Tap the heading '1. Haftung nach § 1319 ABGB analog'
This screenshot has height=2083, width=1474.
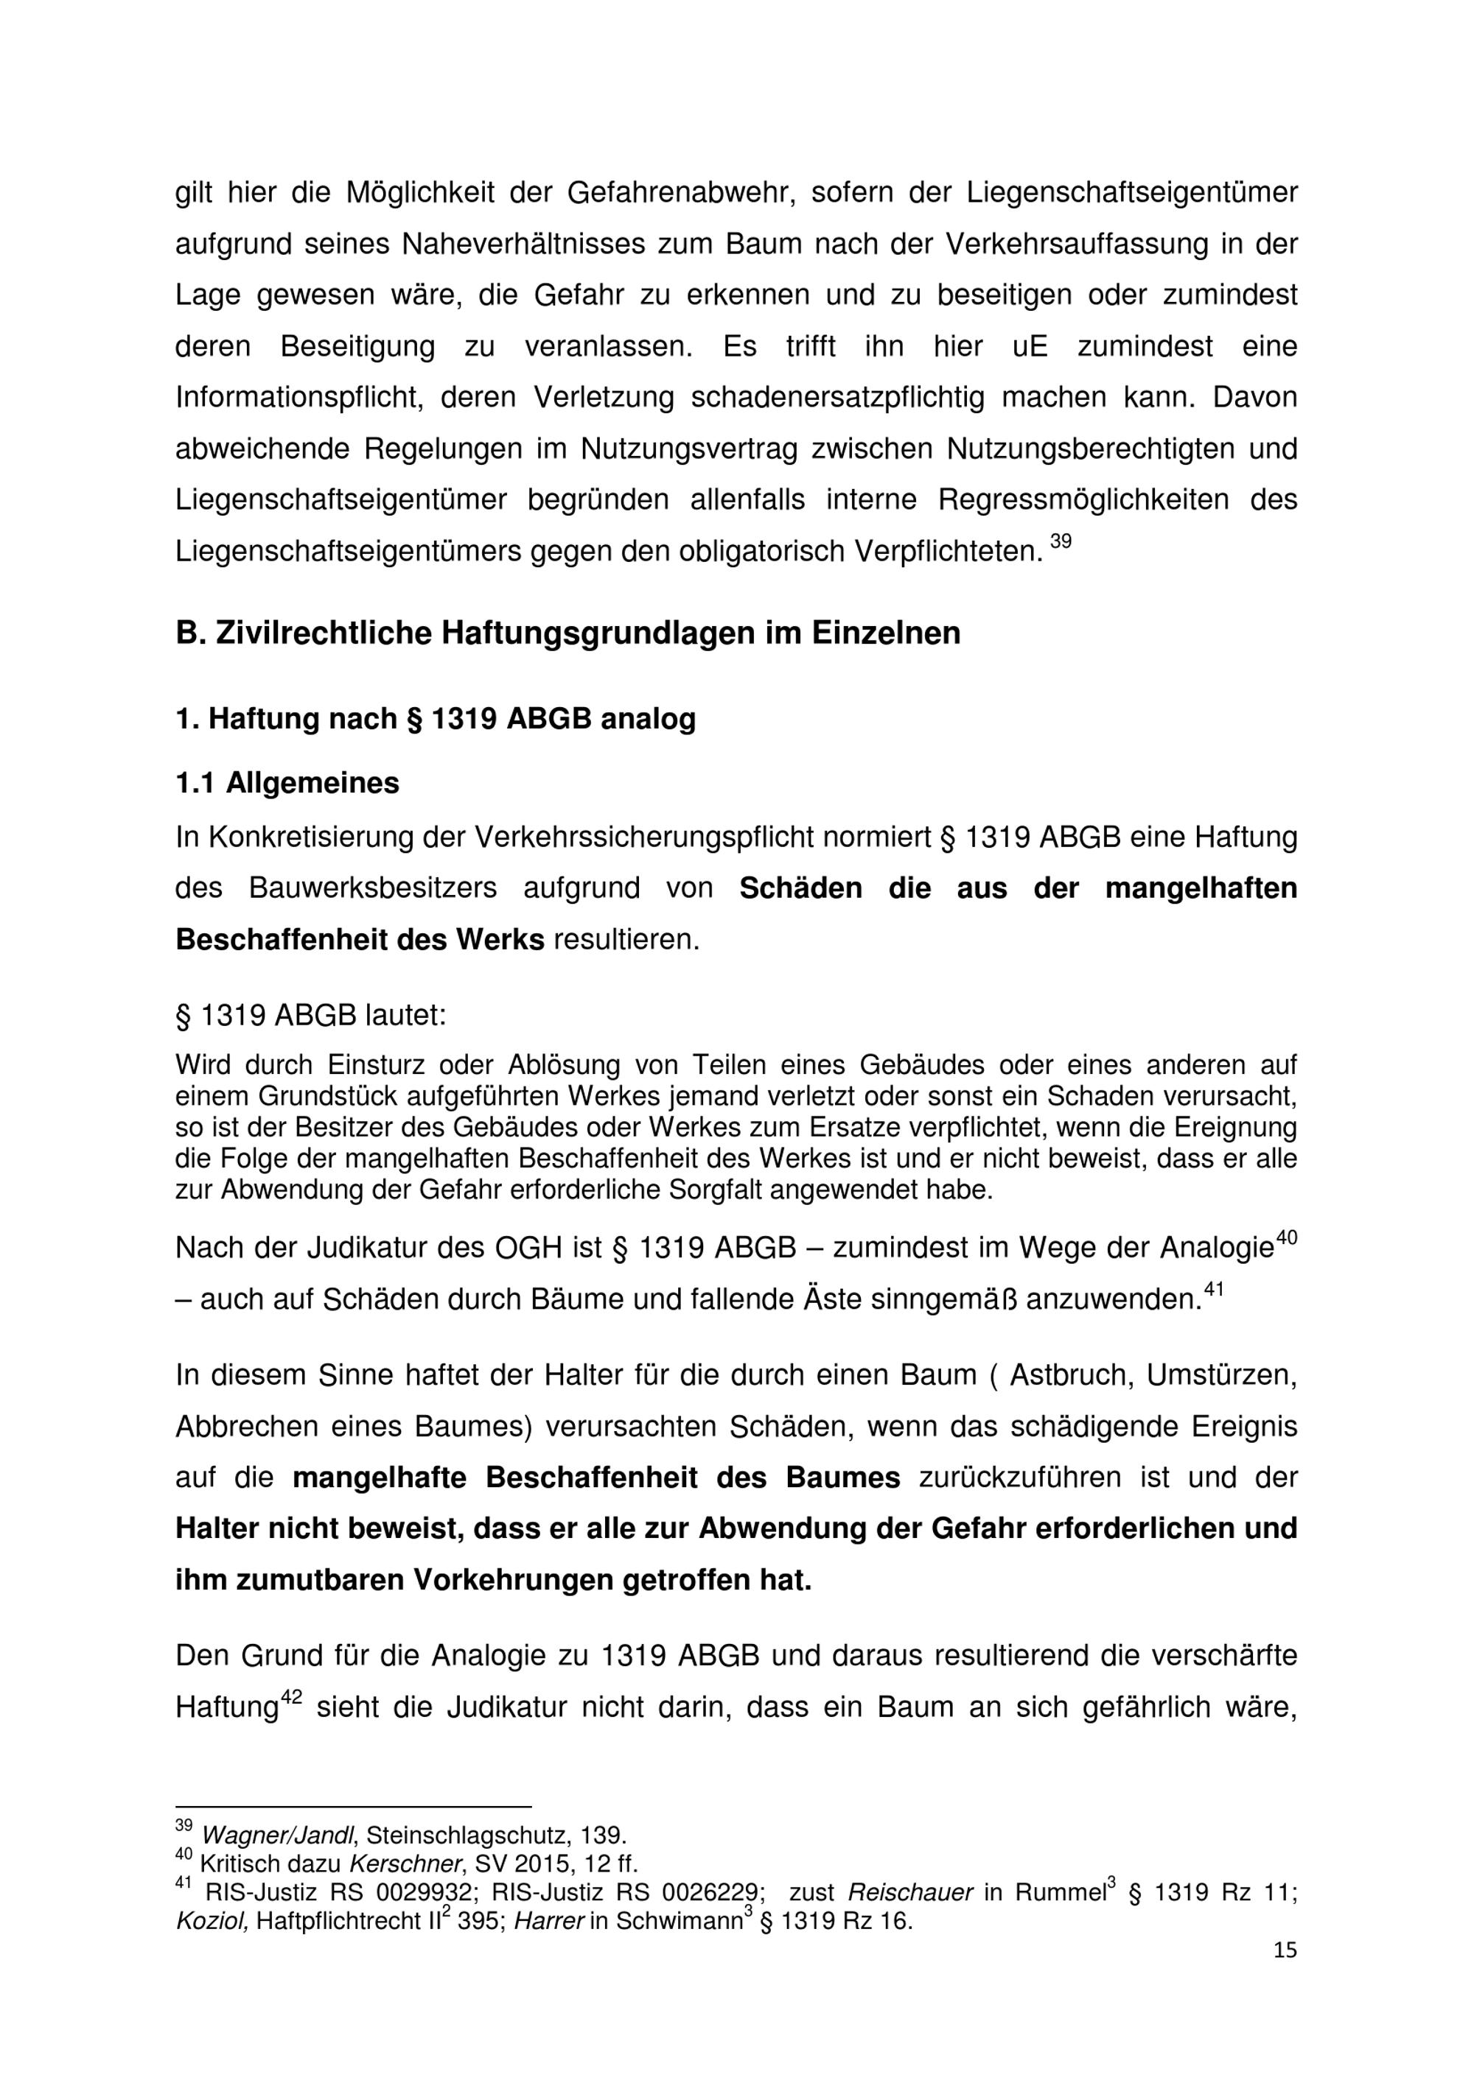coord(435,719)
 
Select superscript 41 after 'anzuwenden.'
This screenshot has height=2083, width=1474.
coord(1214,1291)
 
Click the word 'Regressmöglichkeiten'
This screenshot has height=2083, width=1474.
coord(1083,500)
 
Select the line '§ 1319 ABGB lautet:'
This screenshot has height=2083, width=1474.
coord(310,1015)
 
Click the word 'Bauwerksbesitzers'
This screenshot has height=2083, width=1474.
coord(372,888)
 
